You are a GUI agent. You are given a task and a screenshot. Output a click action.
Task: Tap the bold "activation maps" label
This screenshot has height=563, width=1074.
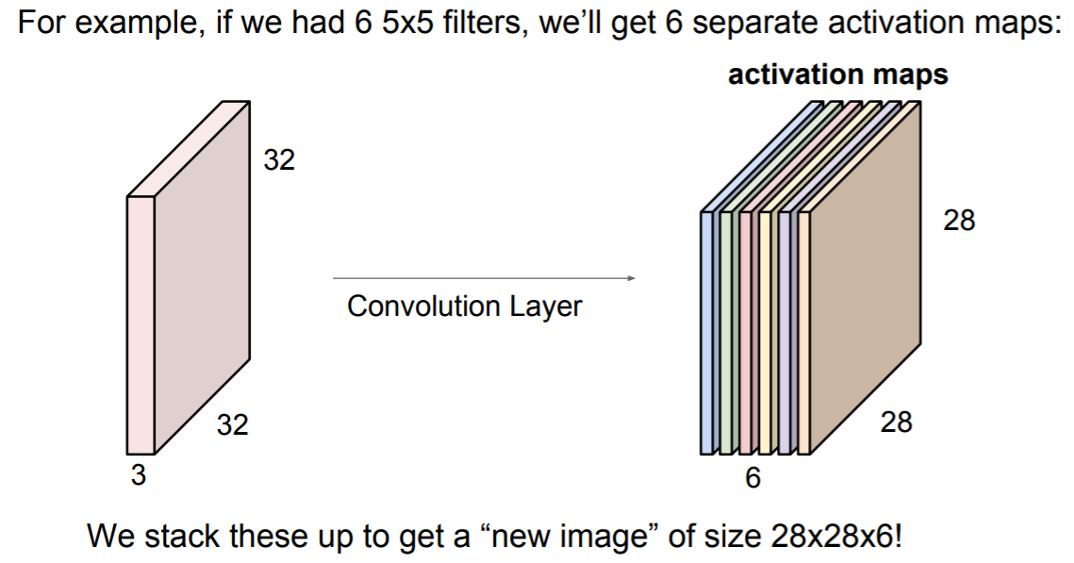(837, 75)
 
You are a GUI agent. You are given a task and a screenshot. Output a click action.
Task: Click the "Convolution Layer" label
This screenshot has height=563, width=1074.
(465, 306)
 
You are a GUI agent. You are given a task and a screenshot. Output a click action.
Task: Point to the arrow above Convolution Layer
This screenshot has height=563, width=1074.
(484, 278)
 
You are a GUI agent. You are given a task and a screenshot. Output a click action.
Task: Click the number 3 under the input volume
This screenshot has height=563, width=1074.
(139, 476)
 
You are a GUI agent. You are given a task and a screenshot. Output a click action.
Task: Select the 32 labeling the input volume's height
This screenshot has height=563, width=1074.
(279, 160)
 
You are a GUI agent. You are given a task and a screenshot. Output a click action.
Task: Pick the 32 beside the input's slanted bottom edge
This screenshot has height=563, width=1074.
(233, 425)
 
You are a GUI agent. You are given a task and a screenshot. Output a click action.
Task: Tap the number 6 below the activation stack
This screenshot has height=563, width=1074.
(752, 479)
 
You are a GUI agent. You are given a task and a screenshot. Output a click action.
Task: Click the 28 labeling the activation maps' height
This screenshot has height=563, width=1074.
(959, 221)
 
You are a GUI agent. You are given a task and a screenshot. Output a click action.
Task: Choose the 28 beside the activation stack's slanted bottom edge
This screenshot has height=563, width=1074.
(896, 422)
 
